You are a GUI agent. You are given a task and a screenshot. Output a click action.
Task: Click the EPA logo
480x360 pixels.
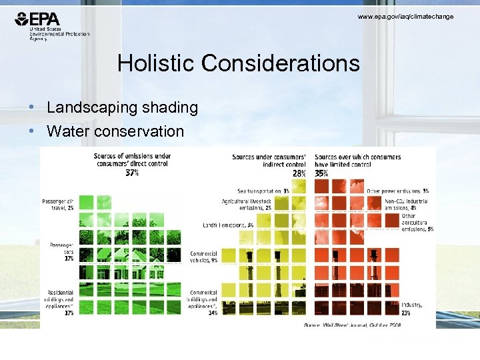click(x=51, y=27)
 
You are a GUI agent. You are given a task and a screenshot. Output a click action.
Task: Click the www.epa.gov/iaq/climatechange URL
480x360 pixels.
click(x=405, y=16)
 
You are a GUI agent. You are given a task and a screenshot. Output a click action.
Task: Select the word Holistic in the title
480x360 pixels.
click(x=156, y=63)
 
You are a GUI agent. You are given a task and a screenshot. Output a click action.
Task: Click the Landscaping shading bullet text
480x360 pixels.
click(x=122, y=107)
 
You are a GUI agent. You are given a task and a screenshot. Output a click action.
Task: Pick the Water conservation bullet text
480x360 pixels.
click(x=115, y=131)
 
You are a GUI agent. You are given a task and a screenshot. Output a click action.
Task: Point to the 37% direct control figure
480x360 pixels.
click(x=131, y=173)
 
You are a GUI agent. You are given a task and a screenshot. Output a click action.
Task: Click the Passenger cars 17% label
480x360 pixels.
click(x=61, y=251)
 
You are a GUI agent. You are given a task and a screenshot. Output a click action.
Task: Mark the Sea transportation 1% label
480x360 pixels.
click(x=263, y=191)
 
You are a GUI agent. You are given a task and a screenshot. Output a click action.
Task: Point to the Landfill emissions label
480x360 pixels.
click(x=228, y=225)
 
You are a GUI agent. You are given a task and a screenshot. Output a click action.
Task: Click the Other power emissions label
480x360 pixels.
click(x=397, y=191)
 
